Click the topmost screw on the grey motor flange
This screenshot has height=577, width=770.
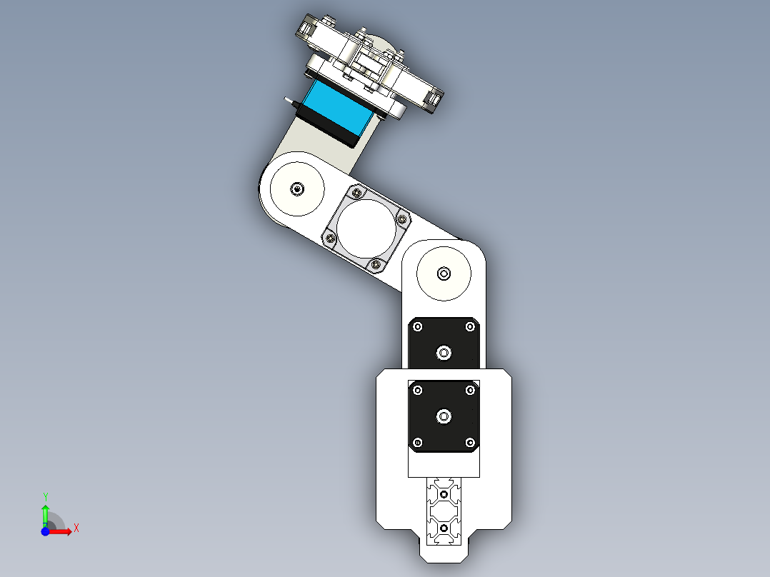point(356,193)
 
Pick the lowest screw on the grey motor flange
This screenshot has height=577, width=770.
point(376,265)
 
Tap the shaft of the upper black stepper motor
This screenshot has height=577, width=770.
point(444,352)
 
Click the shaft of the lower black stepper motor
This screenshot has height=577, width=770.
point(444,416)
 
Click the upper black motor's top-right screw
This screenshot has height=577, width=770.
point(470,327)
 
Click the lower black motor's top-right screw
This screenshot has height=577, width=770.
point(470,390)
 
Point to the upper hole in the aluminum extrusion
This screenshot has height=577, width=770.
point(444,494)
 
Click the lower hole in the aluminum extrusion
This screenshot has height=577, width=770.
point(444,528)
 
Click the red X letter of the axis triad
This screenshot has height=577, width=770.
point(76,528)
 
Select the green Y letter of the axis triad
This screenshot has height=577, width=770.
point(46,496)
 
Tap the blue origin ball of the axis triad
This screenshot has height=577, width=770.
point(45,532)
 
